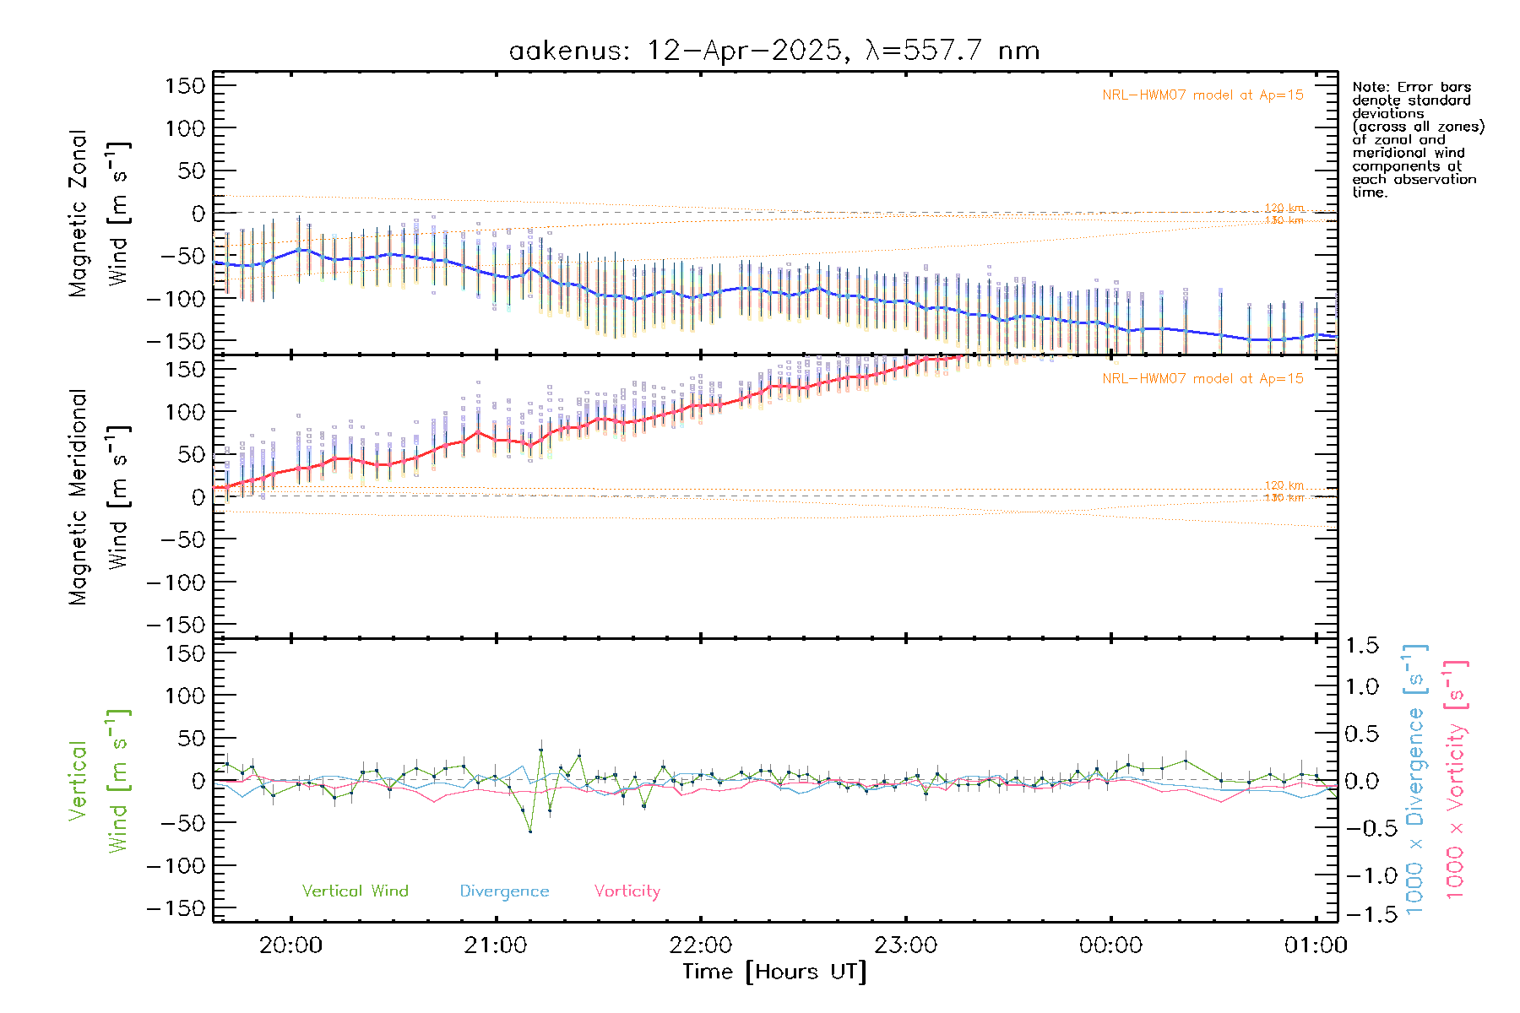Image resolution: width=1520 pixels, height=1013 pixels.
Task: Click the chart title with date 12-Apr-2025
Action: pyautogui.click(x=774, y=51)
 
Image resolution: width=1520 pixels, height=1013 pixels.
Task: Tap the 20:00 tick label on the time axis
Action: pyautogui.click(x=290, y=945)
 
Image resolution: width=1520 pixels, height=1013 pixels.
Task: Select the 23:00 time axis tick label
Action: pyautogui.click(x=905, y=945)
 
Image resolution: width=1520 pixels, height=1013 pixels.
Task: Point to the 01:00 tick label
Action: pyautogui.click(x=1315, y=945)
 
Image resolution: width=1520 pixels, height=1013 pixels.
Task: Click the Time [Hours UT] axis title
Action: pyautogui.click(x=774, y=972)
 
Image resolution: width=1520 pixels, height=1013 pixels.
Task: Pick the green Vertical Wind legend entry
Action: pyautogui.click(x=355, y=891)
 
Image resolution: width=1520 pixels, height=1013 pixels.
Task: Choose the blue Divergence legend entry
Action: pyautogui.click(x=504, y=891)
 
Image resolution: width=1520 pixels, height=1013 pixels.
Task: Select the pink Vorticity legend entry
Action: pyautogui.click(x=627, y=891)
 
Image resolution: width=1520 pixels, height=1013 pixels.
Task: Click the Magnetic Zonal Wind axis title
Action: pyautogui.click(x=98, y=213)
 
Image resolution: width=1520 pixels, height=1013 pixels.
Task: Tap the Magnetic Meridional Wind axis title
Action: pyautogui.click(x=98, y=496)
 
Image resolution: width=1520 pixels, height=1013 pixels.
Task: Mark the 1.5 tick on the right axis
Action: pyautogui.click(x=1362, y=646)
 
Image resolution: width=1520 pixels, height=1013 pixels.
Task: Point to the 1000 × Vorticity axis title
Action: pyautogui.click(x=1455, y=780)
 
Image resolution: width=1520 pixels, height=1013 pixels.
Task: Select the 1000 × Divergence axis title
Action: pyautogui.click(x=1415, y=780)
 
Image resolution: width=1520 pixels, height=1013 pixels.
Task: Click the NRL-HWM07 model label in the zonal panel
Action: pyautogui.click(x=1202, y=95)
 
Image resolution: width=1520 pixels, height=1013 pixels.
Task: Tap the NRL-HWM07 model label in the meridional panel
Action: pyautogui.click(x=1202, y=379)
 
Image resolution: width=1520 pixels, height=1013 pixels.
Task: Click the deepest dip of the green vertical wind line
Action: pyautogui.click(x=530, y=832)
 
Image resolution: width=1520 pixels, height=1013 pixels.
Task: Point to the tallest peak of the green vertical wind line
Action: pyautogui.click(x=540, y=750)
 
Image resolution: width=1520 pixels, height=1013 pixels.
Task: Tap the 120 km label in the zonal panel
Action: pyautogui.click(x=1284, y=208)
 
